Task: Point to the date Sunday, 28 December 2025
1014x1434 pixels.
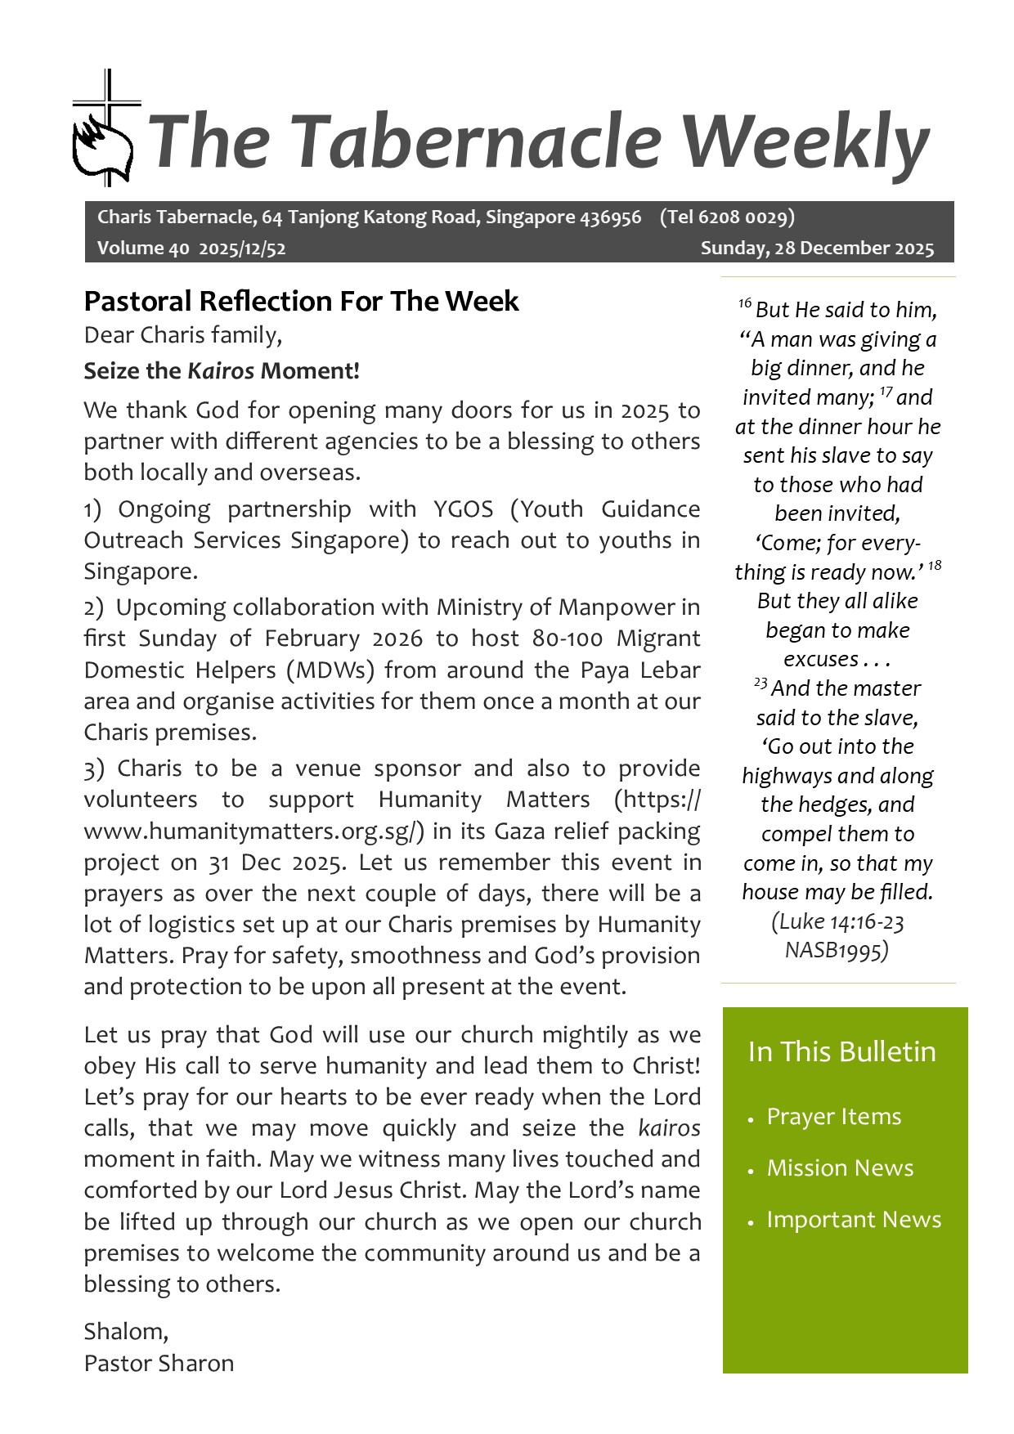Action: (816, 249)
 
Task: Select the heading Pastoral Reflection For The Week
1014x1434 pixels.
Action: (301, 302)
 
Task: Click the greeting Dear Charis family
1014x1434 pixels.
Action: (182, 335)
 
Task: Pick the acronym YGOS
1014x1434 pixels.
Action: (464, 509)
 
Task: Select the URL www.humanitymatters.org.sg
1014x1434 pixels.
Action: (253, 831)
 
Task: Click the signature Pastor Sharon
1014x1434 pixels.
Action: (159, 1363)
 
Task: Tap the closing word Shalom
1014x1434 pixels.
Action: (125, 1332)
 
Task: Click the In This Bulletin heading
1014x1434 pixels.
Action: (841, 1051)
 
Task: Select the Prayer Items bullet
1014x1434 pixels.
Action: (833, 1117)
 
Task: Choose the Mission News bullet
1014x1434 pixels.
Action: (840, 1168)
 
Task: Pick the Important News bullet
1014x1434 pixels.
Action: (854, 1220)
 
